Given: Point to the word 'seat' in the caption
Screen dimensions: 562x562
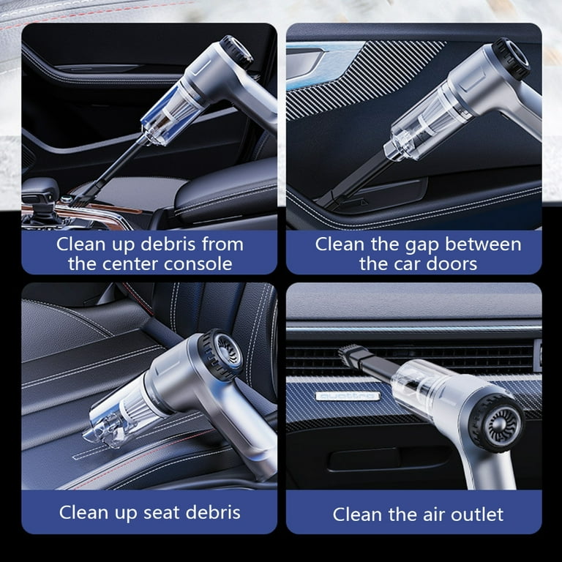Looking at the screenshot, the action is pos(158,512).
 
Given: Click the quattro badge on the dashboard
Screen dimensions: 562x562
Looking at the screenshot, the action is pos(348,396).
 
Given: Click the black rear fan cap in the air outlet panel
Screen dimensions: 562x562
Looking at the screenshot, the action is pos(496,423).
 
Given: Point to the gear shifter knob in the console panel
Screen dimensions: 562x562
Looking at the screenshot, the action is pos(40,190).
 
